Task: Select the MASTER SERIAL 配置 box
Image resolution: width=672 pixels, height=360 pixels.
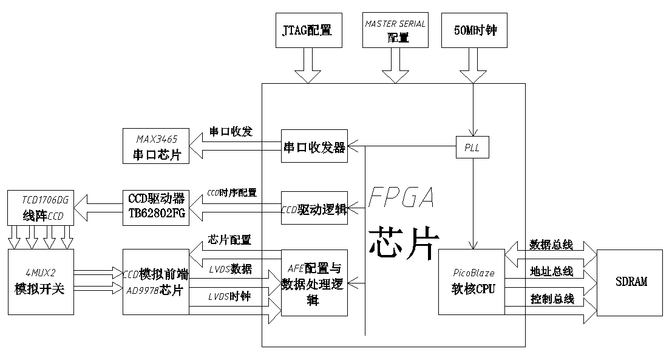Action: [395, 30]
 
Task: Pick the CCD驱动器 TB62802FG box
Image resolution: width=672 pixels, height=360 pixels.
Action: [155, 207]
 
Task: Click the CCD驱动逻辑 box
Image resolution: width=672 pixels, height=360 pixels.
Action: [314, 208]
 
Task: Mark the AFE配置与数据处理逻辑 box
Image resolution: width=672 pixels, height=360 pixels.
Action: [314, 282]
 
